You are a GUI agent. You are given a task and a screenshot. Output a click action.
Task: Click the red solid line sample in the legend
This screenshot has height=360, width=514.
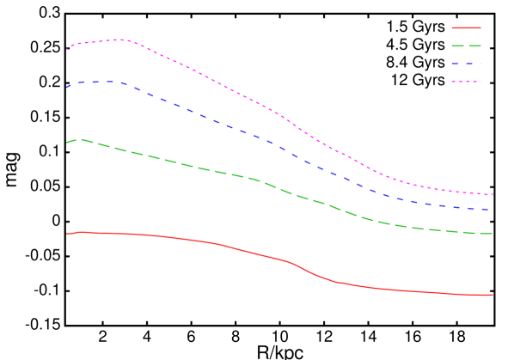tap(466, 27)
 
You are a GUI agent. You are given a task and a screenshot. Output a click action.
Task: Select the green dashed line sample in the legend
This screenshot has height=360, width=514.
tap(466, 46)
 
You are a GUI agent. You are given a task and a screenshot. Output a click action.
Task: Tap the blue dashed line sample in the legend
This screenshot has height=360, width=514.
tap(466, 64)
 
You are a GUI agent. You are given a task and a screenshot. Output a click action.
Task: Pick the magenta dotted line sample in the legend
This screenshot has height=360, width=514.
tap(466, 82)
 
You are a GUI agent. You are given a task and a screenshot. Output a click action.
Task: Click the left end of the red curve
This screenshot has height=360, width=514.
tap(67, 233)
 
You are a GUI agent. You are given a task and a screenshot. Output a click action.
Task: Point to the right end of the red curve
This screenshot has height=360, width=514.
tap(493, 295)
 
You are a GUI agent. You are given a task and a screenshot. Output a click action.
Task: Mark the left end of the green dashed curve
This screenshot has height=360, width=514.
tap(67, 143)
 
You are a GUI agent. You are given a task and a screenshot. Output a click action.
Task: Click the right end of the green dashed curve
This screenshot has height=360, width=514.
tap(493, 233)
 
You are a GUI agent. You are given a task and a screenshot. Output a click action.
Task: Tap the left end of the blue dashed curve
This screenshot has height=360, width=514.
tap(67, 88)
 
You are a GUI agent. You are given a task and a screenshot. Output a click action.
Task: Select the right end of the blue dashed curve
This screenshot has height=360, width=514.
tap(493, 210)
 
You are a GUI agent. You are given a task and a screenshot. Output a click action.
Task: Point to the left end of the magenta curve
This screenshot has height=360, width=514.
tap(67, 48)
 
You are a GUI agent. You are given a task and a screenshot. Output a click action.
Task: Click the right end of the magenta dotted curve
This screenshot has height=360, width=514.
tap(493, 194)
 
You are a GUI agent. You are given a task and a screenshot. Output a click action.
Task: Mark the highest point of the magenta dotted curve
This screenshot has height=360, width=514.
tap(119, 40)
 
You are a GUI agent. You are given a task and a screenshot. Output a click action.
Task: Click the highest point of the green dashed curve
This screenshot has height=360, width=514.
tap(79, 139)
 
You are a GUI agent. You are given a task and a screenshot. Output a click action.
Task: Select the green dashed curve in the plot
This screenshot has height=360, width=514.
tap(215, 170)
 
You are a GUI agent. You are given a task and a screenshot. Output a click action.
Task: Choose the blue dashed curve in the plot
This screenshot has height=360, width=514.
tap(215, 120)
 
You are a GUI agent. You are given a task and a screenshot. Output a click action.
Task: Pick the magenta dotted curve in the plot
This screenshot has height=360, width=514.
tap(215, 82)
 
